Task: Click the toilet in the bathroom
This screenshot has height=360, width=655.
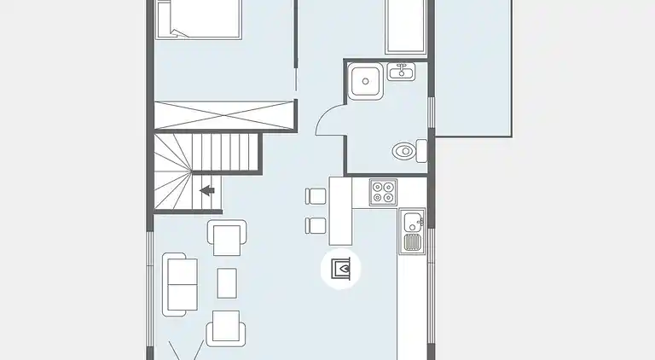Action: (x=405, y=152)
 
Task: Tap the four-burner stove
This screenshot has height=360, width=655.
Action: (x=382, y=192)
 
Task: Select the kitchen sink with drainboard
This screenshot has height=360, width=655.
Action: (x=414, y=231)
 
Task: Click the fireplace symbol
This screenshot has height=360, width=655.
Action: (x=341, y=270)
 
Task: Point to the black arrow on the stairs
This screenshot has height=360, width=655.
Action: (x=206, y=190)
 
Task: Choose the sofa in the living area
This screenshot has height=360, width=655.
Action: (x=180, y=284)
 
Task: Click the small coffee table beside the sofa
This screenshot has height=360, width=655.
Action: (x=227, y=282)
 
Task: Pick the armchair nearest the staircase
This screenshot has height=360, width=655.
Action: (x=228, y=237)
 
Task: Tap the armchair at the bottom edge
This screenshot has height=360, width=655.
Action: (x=223, y=328)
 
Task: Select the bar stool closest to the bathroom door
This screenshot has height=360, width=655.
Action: (x=315, y=195)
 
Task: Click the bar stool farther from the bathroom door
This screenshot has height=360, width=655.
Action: (x=315, y=225)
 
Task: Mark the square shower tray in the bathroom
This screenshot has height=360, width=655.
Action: (x=367, y=81)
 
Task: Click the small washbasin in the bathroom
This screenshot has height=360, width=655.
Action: (x=400, y=72)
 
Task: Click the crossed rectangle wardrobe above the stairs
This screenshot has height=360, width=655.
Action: (x=223, y=113)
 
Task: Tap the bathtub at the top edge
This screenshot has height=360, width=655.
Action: (x=409, y=26)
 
